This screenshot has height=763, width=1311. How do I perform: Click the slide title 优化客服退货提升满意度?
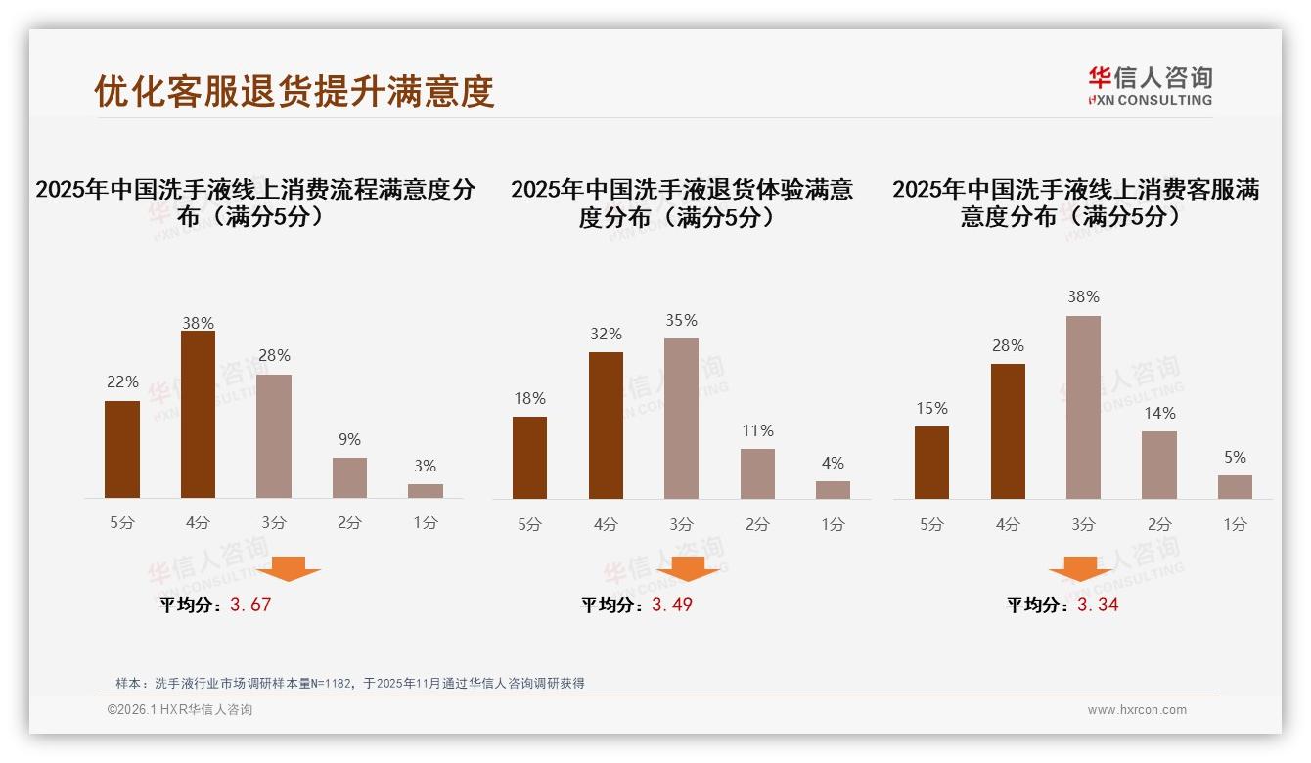pyautogui.click(x=294, y=91)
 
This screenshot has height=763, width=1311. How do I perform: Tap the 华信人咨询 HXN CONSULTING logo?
pyautogui.click(x=1151, y=85)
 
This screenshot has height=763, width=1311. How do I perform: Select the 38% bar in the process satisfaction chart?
pyautogui.click(x=198, y=415)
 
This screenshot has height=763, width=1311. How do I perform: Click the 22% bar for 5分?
pyautogui.click(x=122, y=450)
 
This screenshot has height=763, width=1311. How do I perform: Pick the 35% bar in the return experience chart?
pyautogui.click(x=681, y=419)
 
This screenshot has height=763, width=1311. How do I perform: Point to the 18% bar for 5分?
pyautogui.click(x=529, y=458)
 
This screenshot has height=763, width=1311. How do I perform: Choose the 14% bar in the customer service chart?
pyautogui.click(x=1159, y=466)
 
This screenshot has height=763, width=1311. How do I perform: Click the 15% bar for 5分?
pyautogui.click(x=931, y=463)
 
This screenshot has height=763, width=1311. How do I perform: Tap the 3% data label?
pyautogui.click(x=425, y=467)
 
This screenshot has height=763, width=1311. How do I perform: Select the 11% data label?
pyautogui.click(x=757, y=431)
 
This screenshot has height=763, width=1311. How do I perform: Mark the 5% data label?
pyautogui.click(x=1235, y=458)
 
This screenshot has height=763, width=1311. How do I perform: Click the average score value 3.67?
pyautogui.click(x=250, y=605)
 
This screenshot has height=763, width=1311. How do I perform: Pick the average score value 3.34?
pyautogui.click(x=1098, y=605)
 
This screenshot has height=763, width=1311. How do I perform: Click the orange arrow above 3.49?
pyautogui.click(x=688, y=568)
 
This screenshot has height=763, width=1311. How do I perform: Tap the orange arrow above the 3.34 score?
pyautogui.click(x=1080, y=568)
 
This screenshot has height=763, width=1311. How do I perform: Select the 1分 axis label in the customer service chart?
pyautogui.click(x=1235, y=524)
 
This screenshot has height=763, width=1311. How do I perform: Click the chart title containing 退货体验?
pyautogui.click(x=681, y=202)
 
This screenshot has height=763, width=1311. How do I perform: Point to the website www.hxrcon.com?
pyautogui.click(x=1137, y=710)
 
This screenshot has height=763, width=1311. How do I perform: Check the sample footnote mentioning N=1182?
pyautogui.click(x=350, y=683)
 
